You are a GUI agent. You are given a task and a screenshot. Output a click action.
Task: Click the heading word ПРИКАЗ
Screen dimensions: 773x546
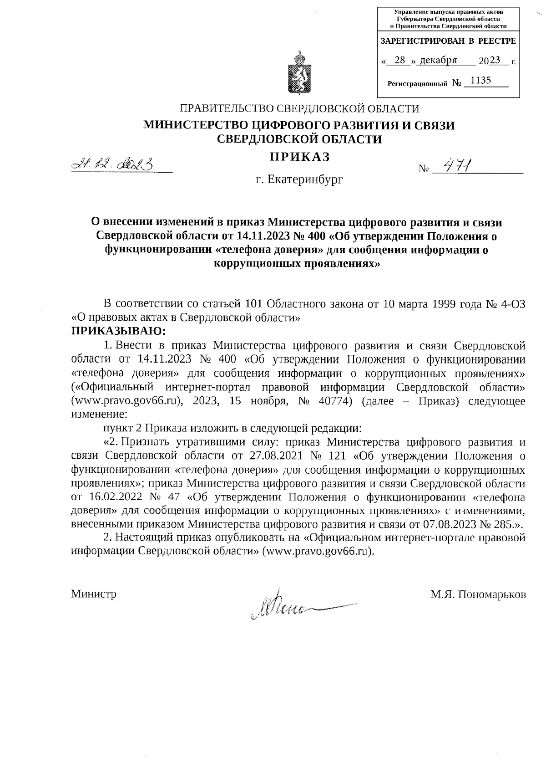tap(299, 157)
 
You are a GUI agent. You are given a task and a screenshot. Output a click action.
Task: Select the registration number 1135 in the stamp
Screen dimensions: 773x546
tap(481, 81)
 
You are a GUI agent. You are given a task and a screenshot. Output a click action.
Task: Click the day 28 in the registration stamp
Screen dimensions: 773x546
tap(400, 60)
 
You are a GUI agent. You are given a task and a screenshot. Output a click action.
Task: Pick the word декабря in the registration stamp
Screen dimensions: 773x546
tap(439, 60)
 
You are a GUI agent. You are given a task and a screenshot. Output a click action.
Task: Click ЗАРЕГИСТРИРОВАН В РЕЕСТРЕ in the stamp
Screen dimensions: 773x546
tap(448, 41)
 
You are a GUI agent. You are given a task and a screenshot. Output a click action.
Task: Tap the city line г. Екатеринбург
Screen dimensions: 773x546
tap(299, 180)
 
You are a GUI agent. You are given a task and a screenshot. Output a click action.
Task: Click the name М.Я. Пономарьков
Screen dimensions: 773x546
tap(478, 594)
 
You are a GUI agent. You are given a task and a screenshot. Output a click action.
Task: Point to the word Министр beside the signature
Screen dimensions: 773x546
tap(94, 594)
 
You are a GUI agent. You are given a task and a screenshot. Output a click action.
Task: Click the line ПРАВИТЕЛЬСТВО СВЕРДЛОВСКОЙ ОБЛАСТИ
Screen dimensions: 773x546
tap(299, 108)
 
